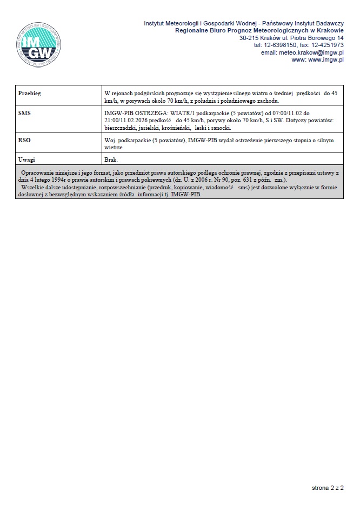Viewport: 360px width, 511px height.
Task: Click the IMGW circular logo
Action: click(38, 44)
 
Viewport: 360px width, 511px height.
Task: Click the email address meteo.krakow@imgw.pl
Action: click(311, 52)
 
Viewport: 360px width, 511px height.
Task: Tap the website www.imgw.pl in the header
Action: click(325, 59)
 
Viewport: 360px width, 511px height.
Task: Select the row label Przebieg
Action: click(30, 94)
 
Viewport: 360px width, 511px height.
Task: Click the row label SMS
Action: click(24, 114)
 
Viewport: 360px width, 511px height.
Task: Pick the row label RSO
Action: click(24, 140)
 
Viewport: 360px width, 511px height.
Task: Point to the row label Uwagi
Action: click(26, 160)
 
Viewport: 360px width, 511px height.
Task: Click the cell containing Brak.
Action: click(110, 160)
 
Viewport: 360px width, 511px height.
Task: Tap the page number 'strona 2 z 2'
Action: click(328, 488)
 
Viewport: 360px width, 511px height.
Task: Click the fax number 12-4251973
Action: click(326, 45)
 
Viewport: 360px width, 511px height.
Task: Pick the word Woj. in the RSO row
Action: click(110, 140)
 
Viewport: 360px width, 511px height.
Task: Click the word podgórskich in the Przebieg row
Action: click(148, 94)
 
